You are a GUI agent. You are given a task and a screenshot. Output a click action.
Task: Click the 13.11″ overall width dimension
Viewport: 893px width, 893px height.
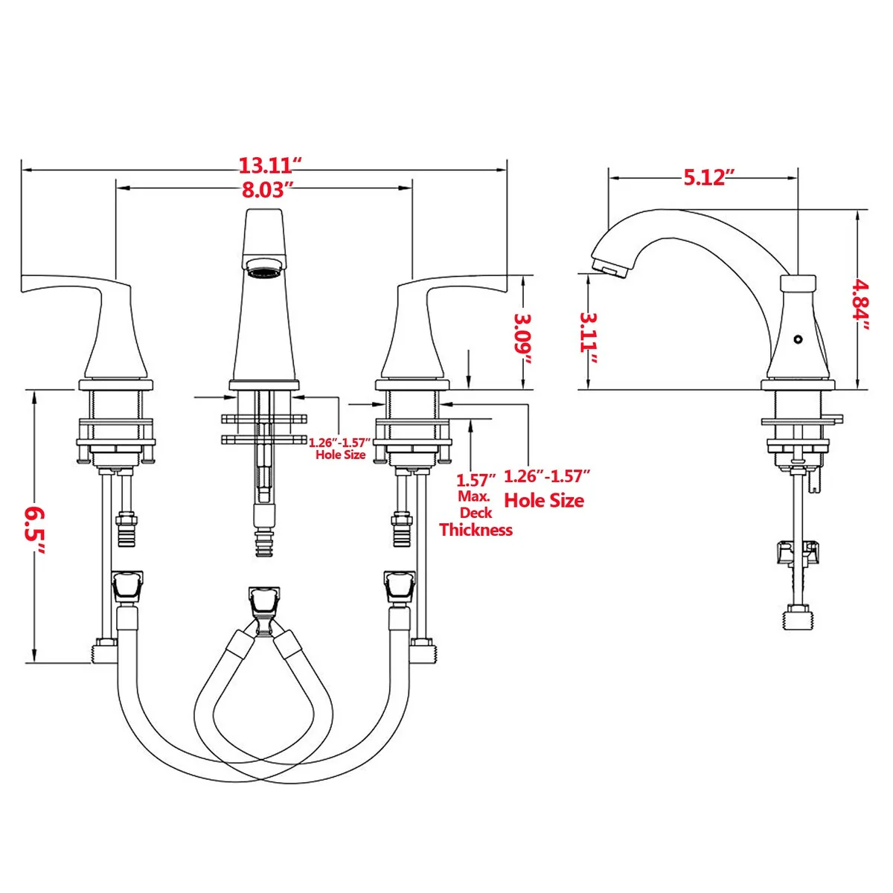tap(270, 165)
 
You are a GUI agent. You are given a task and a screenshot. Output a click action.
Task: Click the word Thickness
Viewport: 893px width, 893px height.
tap(476, 530)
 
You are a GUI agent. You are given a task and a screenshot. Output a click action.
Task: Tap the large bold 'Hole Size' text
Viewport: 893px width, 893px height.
tap(543, 501)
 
